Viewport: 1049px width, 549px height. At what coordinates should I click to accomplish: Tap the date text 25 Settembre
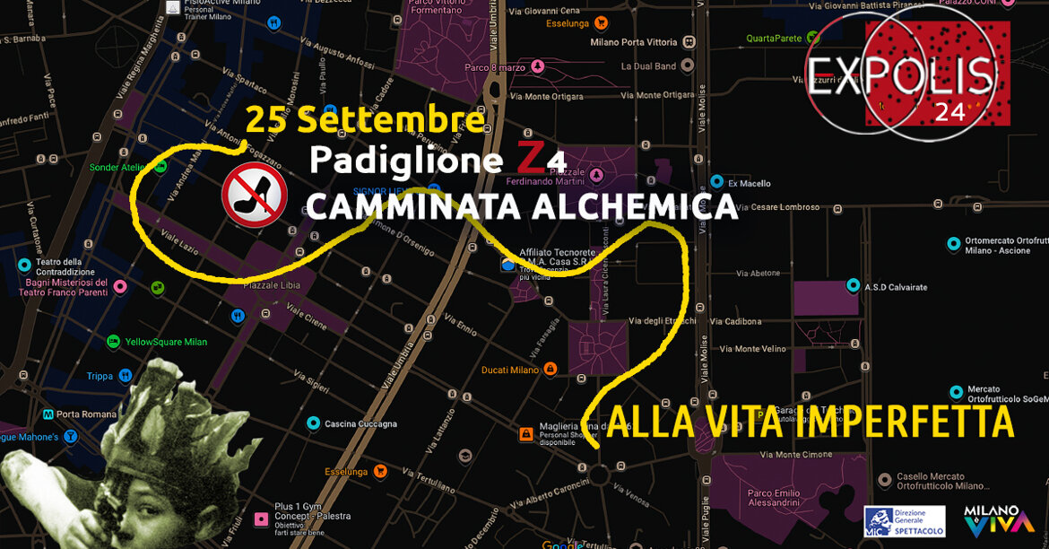tap(366, 118)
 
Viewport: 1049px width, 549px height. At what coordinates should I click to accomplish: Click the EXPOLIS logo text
tap(900, 75)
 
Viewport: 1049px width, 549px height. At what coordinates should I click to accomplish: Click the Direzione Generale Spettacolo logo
tap(903, 521)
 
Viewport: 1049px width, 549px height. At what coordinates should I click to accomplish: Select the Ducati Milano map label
tap(509, 370)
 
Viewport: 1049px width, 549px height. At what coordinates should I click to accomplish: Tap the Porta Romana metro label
tap(86, 414)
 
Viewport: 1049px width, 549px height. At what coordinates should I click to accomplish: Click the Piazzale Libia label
tap(264, 285)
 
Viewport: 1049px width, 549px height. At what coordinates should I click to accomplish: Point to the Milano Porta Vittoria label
tap(635, 42)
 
